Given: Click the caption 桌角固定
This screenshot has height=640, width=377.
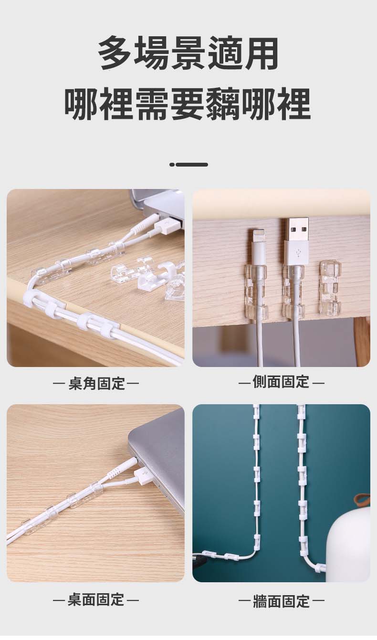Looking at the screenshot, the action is click(97, 383).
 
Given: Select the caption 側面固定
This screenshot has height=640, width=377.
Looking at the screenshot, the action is click(281, 382).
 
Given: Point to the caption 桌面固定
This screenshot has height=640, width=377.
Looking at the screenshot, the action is click(96, 599).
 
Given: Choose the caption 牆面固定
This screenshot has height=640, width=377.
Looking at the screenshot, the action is click(282, 601).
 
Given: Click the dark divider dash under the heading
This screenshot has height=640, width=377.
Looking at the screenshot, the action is click(188, 165).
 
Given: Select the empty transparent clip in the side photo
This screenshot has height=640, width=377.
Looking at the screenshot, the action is click(330, 286).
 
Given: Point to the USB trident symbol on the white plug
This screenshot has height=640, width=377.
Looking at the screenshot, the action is click(298, 253).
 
